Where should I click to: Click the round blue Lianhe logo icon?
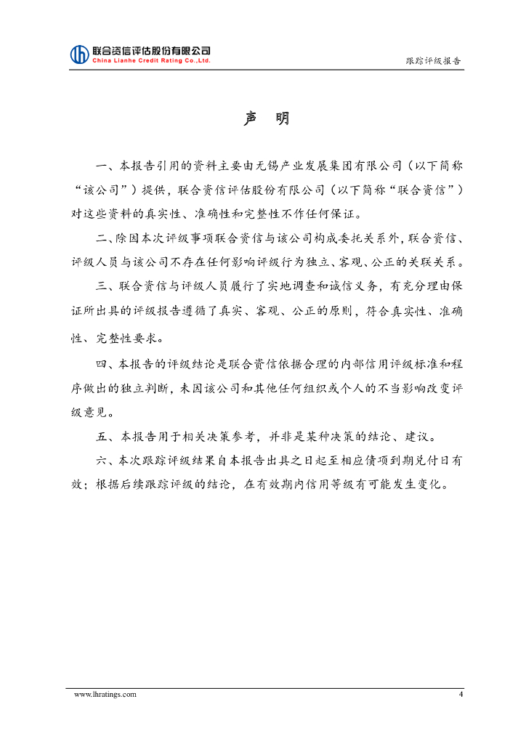pos(79,54)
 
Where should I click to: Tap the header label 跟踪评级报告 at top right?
pos(433,60)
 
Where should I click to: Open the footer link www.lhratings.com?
pos(105,695)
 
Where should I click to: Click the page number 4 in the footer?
pos(460,695)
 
